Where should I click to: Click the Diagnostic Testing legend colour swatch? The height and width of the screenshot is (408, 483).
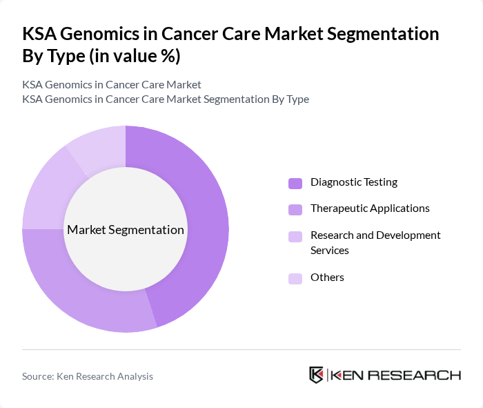click(x=295, y=183)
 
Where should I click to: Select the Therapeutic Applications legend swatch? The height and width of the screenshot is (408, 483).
click(x=295, y=209)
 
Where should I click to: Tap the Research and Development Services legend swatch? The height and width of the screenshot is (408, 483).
click(x=295, y=236)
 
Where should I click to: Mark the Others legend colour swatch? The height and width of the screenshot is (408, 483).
click(x=295, y=278)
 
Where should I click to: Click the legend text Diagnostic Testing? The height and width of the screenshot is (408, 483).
click(x=353, y=182)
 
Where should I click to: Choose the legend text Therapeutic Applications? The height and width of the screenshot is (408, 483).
click(x=370, y=208)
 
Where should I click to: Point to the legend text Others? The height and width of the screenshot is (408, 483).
click(x=327, y=278)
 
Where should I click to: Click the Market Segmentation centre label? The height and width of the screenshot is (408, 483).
click(x=126, y=230)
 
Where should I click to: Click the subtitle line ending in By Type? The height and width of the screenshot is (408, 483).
click(x=166, y=99)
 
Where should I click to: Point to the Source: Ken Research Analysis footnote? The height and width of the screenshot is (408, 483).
click(x=88, y=376)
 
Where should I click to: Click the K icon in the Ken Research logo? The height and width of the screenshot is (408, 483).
click(x=316, y=375)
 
